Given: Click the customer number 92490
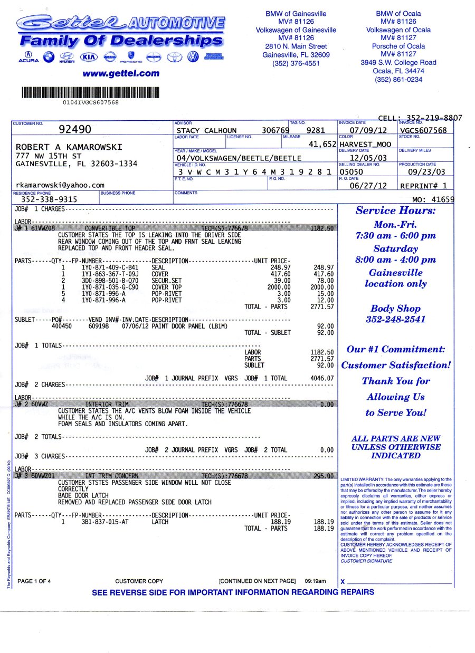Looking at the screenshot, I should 75,130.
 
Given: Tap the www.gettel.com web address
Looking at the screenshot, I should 121,73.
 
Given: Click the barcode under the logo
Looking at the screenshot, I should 90,93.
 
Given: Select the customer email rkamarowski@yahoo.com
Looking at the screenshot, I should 60,185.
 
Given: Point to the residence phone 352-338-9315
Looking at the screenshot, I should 49,199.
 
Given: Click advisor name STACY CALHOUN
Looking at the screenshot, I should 206,131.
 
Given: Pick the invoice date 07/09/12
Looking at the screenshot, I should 368,130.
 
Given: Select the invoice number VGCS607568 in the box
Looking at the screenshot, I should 424,130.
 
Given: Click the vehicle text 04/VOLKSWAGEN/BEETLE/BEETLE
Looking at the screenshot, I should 239,158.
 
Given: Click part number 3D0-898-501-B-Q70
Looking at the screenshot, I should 110,281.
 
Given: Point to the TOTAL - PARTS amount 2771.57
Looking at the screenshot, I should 322,306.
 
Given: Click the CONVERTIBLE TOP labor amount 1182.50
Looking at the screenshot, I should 322,228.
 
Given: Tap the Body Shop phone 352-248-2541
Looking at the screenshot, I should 395,320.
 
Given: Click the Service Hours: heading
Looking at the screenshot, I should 395,210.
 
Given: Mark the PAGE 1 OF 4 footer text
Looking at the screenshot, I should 34,581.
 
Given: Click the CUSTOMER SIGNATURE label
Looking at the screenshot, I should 366,561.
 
